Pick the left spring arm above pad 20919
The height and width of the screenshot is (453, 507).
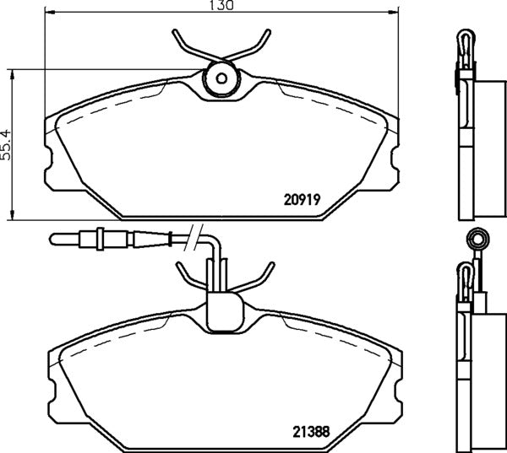click(x=188, y=46)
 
